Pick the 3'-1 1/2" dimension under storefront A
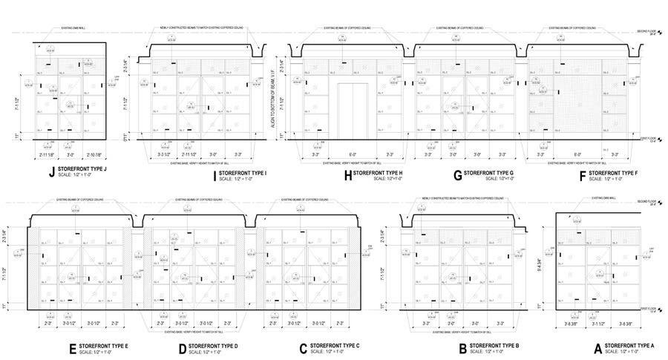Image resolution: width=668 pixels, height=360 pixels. coord(597,324)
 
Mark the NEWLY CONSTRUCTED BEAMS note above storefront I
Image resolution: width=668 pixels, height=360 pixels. coord(200,28)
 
